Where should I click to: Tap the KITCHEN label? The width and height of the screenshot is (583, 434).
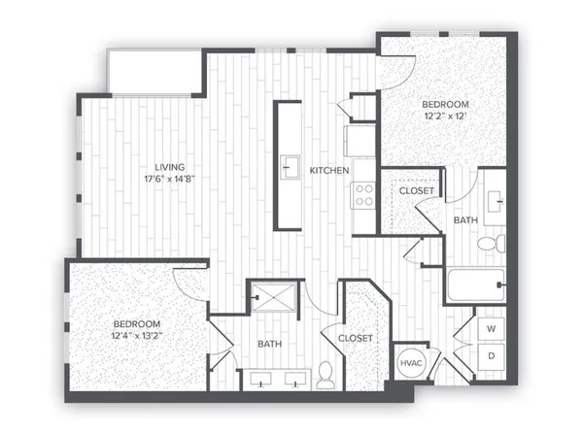click(x=329, y=171)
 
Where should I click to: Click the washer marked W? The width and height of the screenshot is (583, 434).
click(x=491, y=329)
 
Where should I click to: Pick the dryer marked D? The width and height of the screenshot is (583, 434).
click(x=491, y=356)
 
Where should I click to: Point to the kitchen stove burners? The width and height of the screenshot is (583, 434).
click(x=364, y=195)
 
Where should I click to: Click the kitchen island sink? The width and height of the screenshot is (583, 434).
click(x=289, y=168)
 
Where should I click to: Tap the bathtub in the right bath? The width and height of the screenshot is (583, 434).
click(x=474, y=286)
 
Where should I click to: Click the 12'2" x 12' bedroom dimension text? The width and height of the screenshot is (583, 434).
click(x=445, y=117)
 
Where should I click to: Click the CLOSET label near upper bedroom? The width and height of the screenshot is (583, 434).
click(x=418, y=191)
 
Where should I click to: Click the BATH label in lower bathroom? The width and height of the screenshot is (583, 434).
click(x=269, y=344)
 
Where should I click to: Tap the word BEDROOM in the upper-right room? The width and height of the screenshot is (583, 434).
click(x=445, y=105)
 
